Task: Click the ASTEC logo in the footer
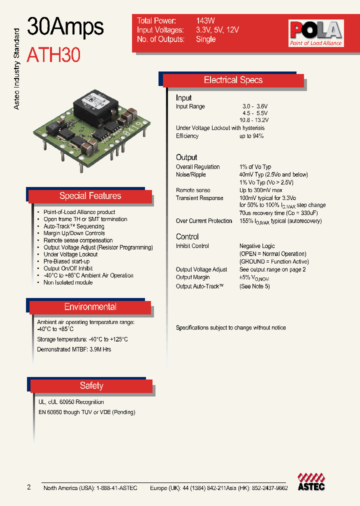click(311, 482)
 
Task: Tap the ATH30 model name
click(53, 54)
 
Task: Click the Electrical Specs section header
click(233, 80)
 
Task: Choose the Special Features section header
click(90, 196)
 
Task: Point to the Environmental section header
click(90, 307)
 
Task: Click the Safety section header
click(91, 385)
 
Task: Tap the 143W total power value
click(205, 21)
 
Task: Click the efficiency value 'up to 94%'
click(251, 136)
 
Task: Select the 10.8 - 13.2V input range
click(254, 120)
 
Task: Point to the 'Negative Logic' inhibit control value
click(257, 246)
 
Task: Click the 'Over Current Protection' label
click(204, 221)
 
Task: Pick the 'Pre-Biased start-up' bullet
click(66, 261)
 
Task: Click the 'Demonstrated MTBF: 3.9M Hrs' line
click(74, 349)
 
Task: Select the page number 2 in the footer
click(29, 487)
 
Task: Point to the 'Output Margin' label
click(193, 277)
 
